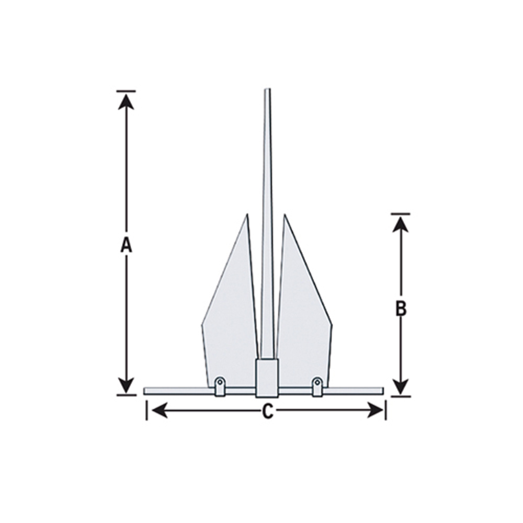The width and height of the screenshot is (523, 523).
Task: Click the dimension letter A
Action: click(x=126, y=245)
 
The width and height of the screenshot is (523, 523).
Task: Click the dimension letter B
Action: click(x=401, y=309)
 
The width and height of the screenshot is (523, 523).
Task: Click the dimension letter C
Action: click(x=267, y=412)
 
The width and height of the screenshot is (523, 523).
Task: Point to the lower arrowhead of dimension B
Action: click(x=401, y=387)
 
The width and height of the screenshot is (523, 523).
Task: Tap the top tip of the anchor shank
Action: click(x=267, y=90)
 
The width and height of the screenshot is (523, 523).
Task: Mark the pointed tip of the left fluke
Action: click(x=246, y=215)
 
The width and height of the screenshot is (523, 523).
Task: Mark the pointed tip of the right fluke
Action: click(x=285, y=215)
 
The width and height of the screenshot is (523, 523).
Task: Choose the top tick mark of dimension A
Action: click(x=126, y=91)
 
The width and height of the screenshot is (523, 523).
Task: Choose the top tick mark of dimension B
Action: click(x=401, y=214)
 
